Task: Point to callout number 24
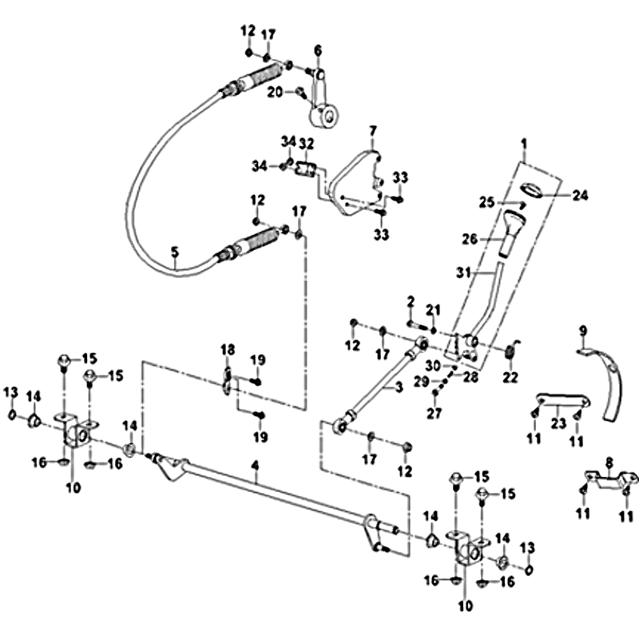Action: tap(580, 194)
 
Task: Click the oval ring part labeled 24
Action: tap(531, 189)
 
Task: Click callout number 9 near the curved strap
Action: tap(582, 329)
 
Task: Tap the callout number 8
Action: tap(609, 461)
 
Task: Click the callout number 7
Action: tap(371, 129)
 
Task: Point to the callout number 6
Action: tap(317, 51)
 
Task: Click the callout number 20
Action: tap(273, 93)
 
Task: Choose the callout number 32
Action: tap(307, 143)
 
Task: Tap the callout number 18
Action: tap(228, 350)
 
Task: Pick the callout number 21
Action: tap(433, 309)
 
